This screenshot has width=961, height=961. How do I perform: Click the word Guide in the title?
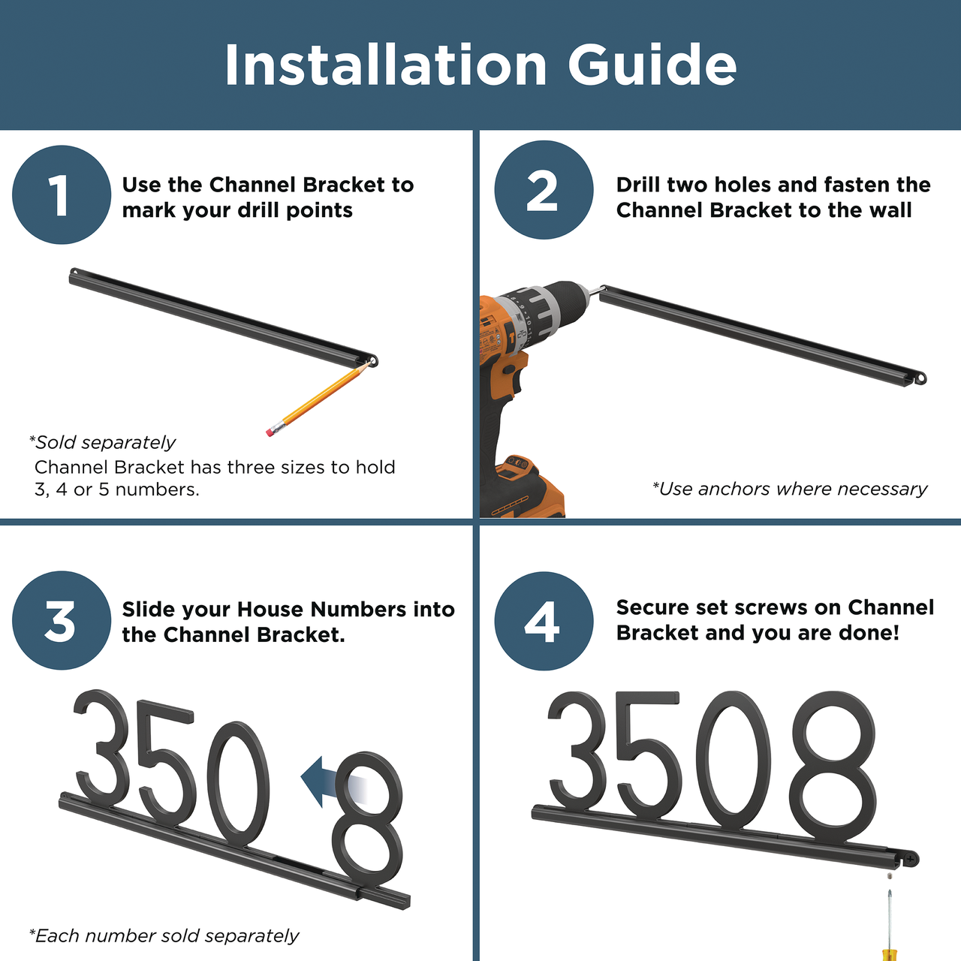coord(652,65)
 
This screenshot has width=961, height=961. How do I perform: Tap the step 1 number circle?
coord(62,194)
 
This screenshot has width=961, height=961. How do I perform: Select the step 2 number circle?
coord(544,190)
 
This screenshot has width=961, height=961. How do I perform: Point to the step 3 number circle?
coord(62,620)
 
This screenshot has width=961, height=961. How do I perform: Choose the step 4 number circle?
coord(544,622)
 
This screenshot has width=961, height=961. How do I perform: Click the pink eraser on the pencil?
coord(271,431)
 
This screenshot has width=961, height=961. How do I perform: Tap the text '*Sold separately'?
coord(102,442)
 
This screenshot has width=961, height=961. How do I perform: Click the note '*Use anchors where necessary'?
coord(789,490)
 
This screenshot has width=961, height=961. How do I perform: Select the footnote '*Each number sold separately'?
coord(164,935)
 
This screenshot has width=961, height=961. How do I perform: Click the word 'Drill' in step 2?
coord(638,185)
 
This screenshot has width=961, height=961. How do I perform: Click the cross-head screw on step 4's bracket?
coord(910,859)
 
